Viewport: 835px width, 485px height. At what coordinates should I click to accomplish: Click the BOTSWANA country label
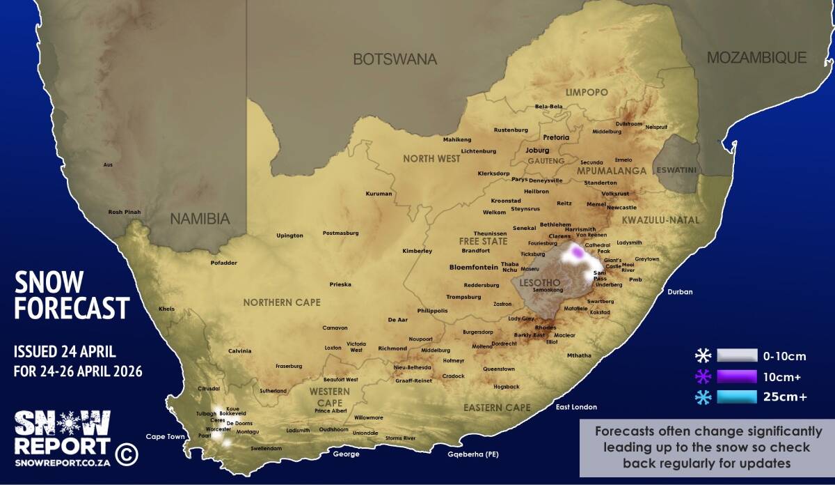(395, 59)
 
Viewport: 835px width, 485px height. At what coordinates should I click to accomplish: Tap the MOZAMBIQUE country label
(756, 58)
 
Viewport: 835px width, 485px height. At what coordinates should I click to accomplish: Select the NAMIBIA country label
(200, 219)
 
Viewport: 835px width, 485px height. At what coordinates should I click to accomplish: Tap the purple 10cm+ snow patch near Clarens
(578, 253)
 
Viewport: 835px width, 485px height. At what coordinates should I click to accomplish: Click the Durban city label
(680, 292)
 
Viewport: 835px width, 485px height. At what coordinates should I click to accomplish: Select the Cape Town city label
(165, 437)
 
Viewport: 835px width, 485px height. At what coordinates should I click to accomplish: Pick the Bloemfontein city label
(473, 267)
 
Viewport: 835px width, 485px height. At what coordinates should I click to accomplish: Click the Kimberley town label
(417, 251)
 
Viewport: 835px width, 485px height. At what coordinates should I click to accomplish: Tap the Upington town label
(289, 236)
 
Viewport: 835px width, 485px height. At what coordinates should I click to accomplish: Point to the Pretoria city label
(556, 138)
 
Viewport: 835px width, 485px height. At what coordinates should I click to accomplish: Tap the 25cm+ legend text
(785, 398)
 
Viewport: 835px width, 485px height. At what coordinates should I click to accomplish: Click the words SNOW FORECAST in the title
(72, 295)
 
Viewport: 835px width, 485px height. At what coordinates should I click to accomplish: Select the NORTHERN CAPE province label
(282, 302)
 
